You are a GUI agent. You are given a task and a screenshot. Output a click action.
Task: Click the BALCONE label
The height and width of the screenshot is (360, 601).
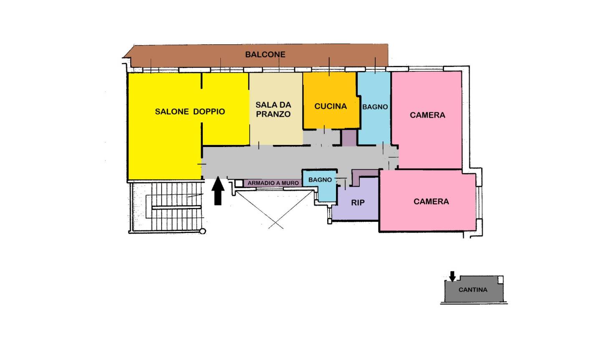(265, 54)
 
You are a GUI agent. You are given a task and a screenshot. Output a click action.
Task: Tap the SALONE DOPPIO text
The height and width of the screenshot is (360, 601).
(190, 112)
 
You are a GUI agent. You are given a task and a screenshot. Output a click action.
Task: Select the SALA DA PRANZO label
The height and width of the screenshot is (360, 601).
(273, 109)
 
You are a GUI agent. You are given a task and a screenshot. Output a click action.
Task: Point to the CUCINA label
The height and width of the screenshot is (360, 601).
(331, 106)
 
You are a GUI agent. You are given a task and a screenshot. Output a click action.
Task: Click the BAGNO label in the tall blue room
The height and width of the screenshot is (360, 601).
(375, 107)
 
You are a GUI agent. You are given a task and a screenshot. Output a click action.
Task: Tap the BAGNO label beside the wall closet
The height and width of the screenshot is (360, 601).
(320, 180)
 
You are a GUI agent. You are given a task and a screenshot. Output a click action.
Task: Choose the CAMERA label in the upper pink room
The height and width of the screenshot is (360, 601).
(427, 115)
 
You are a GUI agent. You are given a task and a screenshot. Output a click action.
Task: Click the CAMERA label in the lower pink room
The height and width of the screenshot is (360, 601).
(431, 201)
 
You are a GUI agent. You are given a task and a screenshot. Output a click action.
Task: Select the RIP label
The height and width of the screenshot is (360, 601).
(358, 203)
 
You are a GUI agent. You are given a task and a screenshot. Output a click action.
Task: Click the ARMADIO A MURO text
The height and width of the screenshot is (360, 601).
(273, 183)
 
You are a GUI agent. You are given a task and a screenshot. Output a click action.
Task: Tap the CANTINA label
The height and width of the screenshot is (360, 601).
(473, 290)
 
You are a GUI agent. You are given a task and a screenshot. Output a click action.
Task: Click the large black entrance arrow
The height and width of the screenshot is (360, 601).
(218, 191)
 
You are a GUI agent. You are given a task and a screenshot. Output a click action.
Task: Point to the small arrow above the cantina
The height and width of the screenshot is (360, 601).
(452, 276)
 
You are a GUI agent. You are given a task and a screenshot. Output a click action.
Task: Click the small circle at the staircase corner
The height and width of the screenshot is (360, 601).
(203, 231)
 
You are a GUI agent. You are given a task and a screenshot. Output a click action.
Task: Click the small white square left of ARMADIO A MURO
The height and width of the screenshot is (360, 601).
(239, 183)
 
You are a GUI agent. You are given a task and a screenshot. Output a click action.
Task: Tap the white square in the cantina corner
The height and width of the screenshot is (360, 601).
(500, 280)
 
